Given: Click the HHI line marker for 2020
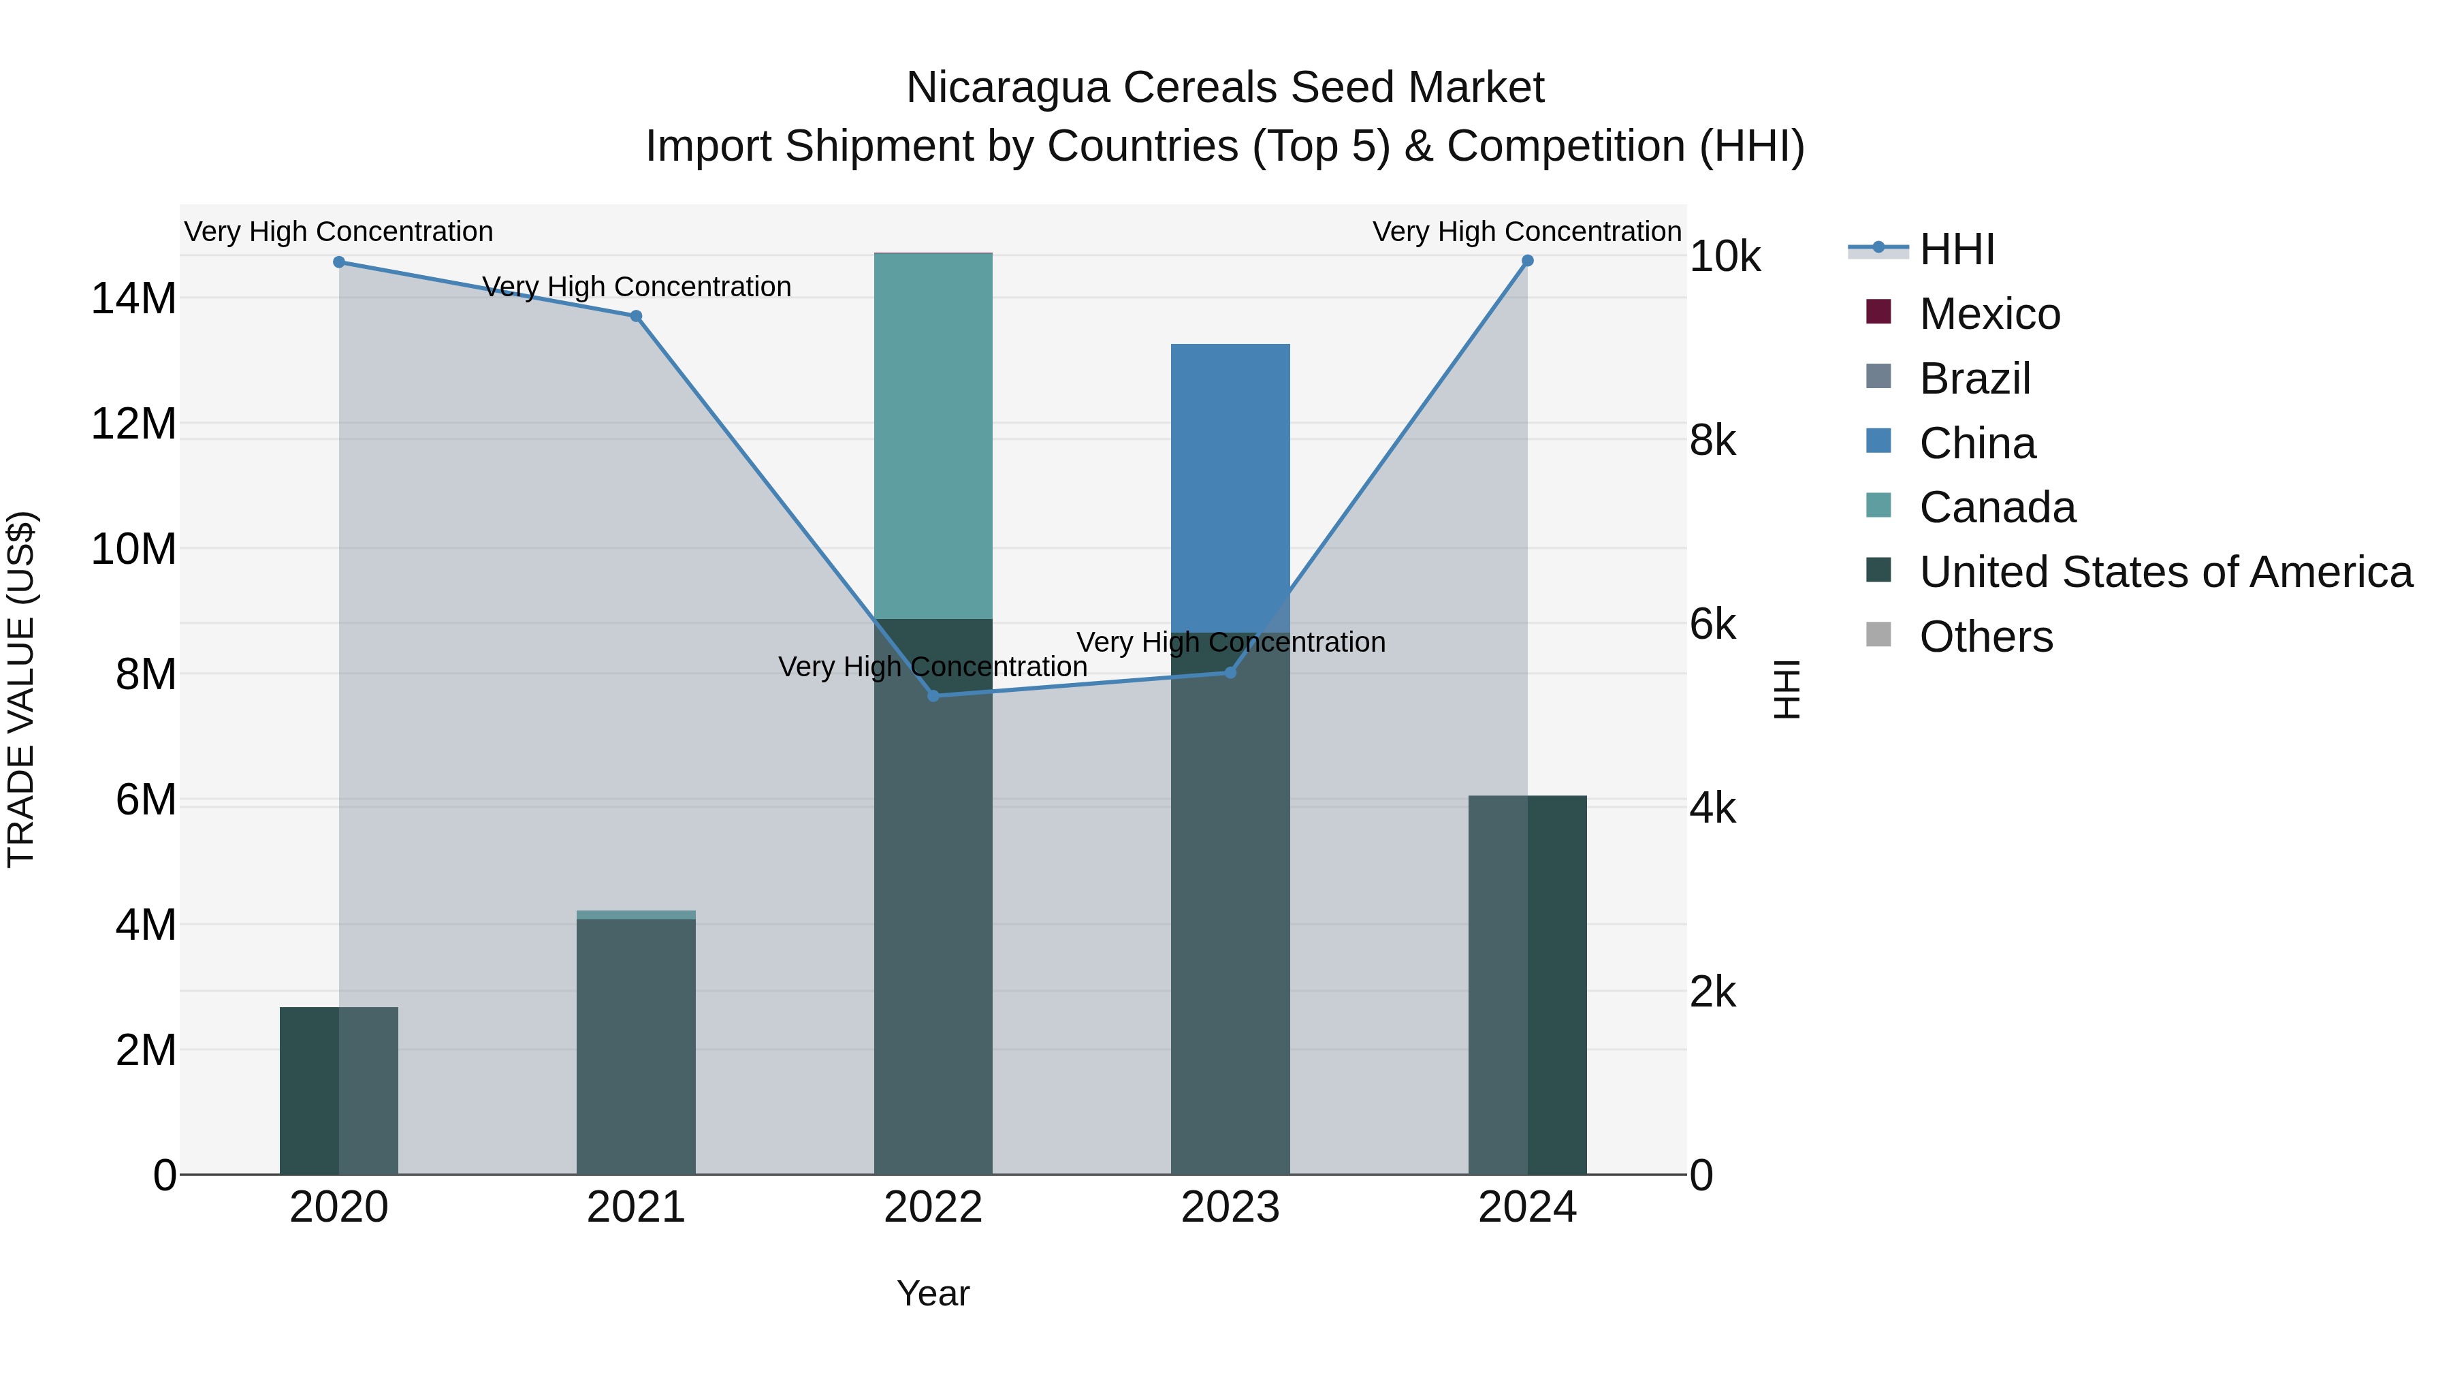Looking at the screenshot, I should pyautogui.click(x=339, y=261).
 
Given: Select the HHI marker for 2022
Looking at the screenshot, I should pyautogui.click(x=933, y=696).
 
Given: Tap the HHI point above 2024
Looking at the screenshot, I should pyautogui.click(x=1527, y=260).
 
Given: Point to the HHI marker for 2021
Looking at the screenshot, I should pyautogui.click(x=636, y=316).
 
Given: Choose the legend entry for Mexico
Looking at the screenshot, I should pyautogui.click(x=1989, y=314).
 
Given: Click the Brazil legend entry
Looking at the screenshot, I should pyautogui.click(x=1974, y=379).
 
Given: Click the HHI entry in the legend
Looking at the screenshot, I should pyautogui.click(x=1955, y=249).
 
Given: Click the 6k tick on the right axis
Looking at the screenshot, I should pyautogui.click(x=1713, y=624).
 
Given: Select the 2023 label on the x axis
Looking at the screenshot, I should pyautogui.click(x=1230, y=1207).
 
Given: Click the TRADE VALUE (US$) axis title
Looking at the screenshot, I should pyautogui.click(x=21, y=689).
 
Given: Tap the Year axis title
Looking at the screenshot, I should pyautogui.click(x=933, y=1293).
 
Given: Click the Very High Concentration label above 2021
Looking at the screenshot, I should pyautogui.click(x=636, y=287).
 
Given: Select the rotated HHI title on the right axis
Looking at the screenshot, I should pyautogui.click(x=1787, y=689).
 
